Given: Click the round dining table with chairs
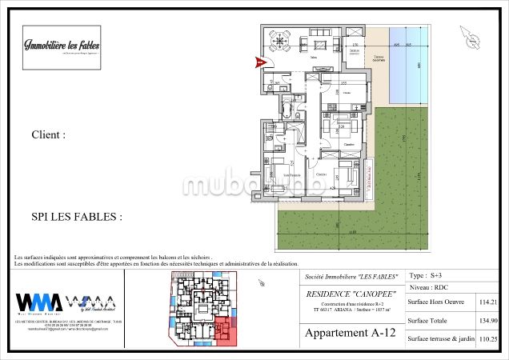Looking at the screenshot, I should click(280, 39).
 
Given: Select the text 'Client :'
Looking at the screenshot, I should click(48, 135).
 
